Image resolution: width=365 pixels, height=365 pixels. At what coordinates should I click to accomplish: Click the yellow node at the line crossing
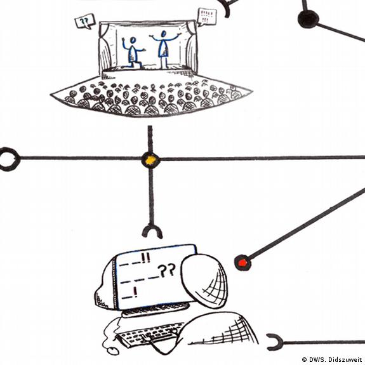tap(150, 159)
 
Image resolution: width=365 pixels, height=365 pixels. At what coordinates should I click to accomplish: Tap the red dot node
tap(242, 263)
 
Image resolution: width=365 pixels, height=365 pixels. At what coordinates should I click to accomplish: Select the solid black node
tap(309, 18)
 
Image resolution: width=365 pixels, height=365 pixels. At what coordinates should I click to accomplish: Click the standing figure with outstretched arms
tap(164, 50)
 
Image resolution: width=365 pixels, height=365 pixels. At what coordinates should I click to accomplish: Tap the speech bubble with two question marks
tap(85, 22)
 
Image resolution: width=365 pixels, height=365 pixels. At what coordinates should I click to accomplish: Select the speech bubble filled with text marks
tap(207, 17)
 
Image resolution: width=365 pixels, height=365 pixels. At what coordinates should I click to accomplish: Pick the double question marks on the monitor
tap(166, 270)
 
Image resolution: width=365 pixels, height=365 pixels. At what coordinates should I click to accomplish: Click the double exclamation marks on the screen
tap(146, 258)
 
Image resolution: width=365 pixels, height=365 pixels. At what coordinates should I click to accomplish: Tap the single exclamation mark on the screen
tap(135, 293)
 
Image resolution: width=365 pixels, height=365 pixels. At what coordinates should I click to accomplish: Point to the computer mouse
tap(112, 351)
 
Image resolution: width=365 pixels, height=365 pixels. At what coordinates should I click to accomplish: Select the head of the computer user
tap(204, 281)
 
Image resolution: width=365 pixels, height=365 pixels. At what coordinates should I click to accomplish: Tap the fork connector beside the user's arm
tap(275, 342)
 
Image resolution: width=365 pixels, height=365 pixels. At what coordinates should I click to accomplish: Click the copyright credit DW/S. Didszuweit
tap(333, 360)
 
